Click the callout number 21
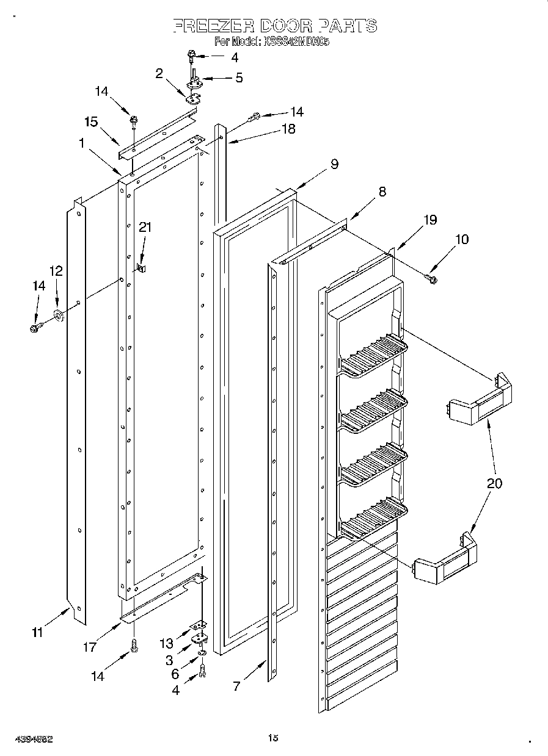[x=145, y=227]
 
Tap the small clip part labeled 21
[x=141, y=267]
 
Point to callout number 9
[x=334, y=164]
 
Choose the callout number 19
[x=430, y=220]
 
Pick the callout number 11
[x=37, y=633]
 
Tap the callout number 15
[x=91, y=122]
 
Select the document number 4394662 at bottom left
[x=29, y=738]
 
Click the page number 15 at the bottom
[x=273, y=738]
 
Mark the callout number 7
[x=236, y=686]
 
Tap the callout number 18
[x=288, y=129]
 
